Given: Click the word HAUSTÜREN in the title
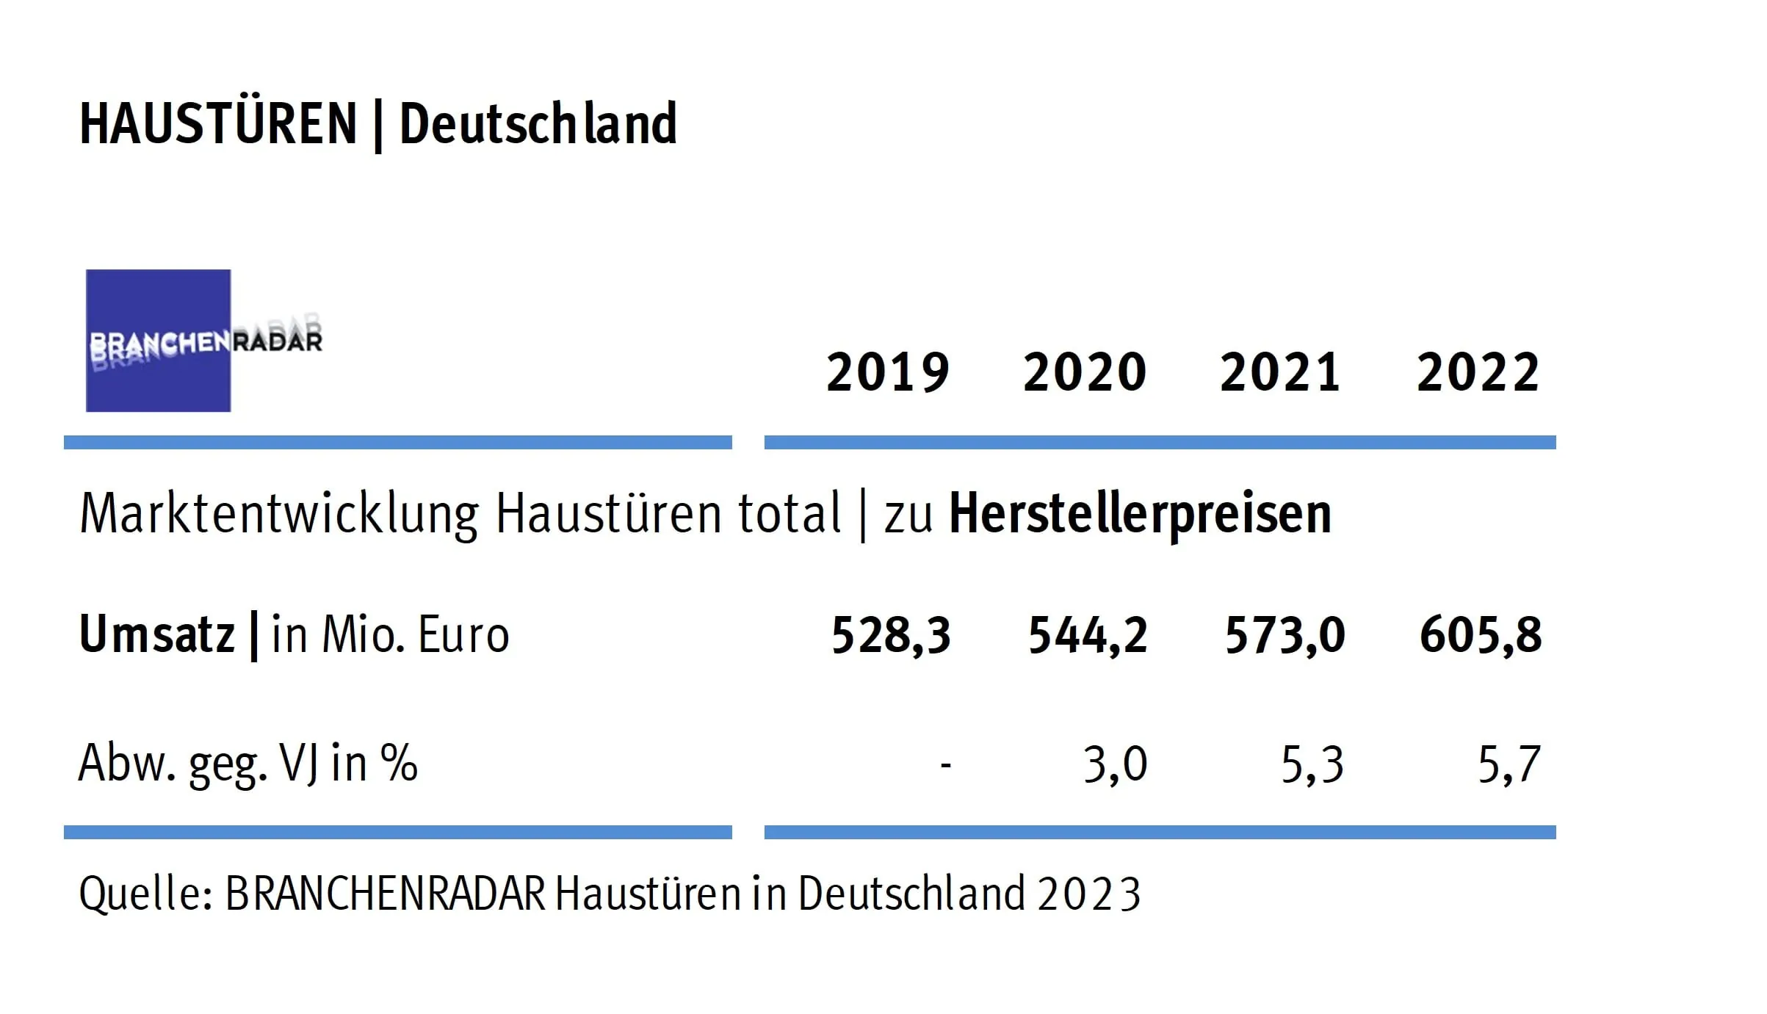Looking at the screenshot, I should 218,124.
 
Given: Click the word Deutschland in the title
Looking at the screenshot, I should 538,124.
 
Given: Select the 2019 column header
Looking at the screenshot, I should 888,372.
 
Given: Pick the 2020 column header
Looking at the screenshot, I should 1085,372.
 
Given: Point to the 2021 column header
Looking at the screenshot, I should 1280,372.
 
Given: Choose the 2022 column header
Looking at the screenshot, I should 1478,372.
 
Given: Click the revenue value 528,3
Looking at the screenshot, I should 891,635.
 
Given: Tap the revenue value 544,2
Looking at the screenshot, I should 1088,635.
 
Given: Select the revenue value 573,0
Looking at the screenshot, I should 1284,635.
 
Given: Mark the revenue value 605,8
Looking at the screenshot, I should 1481,635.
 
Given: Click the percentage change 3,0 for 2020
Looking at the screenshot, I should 1115,764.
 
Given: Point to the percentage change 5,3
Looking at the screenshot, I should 1312,764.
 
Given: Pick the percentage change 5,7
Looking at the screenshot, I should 1508,764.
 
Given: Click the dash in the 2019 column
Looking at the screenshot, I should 946,767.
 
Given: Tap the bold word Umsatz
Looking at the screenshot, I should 156,635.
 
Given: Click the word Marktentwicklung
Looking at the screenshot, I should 279,513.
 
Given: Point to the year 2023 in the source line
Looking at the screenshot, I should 1088,894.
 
